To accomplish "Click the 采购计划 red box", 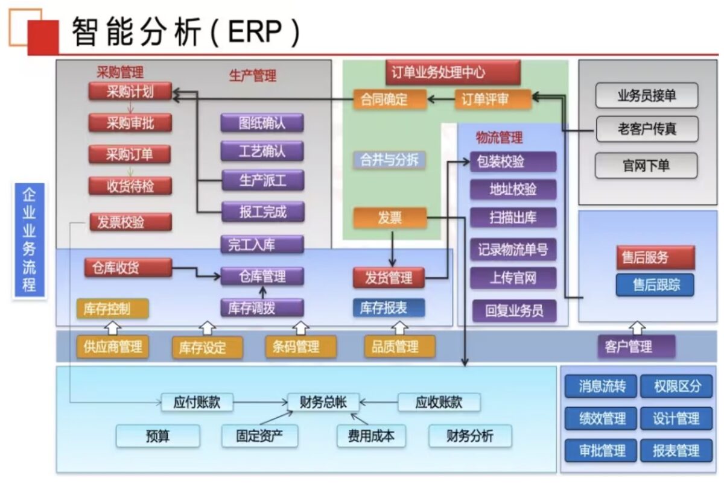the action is [x=130, y=92].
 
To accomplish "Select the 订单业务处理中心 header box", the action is [x=453, y=72].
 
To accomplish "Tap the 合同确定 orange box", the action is [x=390, y=99].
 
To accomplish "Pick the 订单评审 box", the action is [x=494, y=99].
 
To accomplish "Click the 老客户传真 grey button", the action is [x=647, y=129].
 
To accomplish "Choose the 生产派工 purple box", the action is [x=263, y=180].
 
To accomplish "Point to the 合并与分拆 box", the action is [x=389, y=160].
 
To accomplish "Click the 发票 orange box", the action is [x=390, y=218].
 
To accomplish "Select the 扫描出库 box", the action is [x=513, y=218].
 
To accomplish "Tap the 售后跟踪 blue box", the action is [x=655, y=284].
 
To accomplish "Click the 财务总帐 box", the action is [x=323, y=402].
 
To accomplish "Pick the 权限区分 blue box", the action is [x=676, y=386].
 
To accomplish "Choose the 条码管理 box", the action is [x=301, y=347].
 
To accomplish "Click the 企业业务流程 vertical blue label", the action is [x=30, y=240].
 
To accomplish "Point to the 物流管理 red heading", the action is [x=499, y=137].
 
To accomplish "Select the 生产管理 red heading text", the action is [x=253, y=76].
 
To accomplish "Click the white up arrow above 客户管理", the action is [x=637, y=328].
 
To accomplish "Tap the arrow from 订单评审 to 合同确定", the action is [x=441, y=99].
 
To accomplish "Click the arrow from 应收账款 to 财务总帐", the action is [x=378, y=402].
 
